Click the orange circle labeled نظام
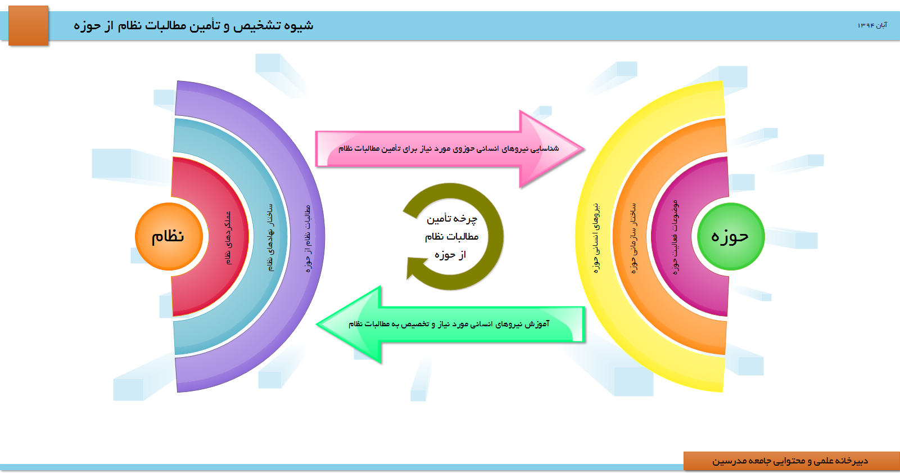[x=169, y=236]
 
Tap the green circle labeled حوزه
[x=730, y=236]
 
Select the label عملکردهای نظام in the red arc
[x=228, y=238]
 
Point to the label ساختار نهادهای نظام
[x=270, y=237]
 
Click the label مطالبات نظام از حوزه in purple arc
[x=307, y=238]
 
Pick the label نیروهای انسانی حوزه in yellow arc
[x=597, y=238]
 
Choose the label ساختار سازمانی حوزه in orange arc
[x=634, y=238]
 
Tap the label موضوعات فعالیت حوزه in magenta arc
[x=675, y=237]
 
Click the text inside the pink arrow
[x=449, y=148]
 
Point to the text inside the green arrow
[x=449, y=324]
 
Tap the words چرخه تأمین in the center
[x=451, y=219]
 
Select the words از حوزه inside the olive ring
[x=450, y=255]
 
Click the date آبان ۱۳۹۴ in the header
[x=872, y=25]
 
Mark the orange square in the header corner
[x=29, y=25]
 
